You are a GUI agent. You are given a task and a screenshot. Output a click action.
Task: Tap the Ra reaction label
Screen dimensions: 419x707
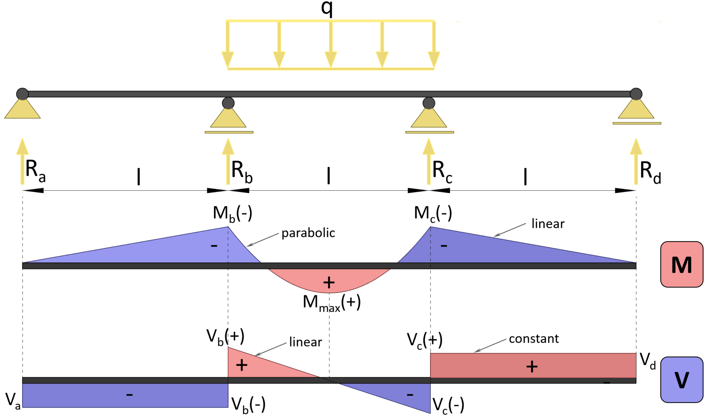[x=35, y=171]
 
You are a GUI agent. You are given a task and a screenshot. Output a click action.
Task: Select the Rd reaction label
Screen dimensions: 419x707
[x=650, y=172]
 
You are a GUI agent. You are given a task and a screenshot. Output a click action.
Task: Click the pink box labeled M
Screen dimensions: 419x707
[x=681, y=265]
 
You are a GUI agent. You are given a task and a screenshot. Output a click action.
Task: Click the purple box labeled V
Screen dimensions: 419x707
[x=681, y=380]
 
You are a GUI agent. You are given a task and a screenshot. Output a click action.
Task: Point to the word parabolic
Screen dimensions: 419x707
[x=308, y=233]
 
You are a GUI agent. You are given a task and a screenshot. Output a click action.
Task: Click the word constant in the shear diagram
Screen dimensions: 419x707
[x=534, y=339]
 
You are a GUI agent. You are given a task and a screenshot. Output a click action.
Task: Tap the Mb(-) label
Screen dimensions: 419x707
[x=232, y=213]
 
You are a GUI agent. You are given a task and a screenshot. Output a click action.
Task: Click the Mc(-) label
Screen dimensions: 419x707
[x=433, y=213]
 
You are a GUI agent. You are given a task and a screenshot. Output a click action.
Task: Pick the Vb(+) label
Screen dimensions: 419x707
[x=225, y=336]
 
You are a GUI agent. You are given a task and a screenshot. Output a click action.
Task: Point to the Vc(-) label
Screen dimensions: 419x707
[x=448, y=405]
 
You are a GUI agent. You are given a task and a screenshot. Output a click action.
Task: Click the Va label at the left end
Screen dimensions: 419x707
[x=13, y=401]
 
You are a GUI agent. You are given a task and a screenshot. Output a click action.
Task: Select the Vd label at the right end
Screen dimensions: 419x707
[x=648, y=361]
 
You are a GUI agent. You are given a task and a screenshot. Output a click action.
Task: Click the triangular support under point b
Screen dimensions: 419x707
[x=228, y=118]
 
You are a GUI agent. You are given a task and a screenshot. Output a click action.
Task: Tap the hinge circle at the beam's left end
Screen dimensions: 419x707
[x=22, y=94]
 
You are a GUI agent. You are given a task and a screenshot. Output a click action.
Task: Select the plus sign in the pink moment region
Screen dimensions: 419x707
[x=329, y=283]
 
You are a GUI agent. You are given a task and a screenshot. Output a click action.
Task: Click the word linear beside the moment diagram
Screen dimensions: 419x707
[x=548, y=224]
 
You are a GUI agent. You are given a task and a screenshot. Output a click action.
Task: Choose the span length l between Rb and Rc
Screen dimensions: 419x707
[x=329, y=175]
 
